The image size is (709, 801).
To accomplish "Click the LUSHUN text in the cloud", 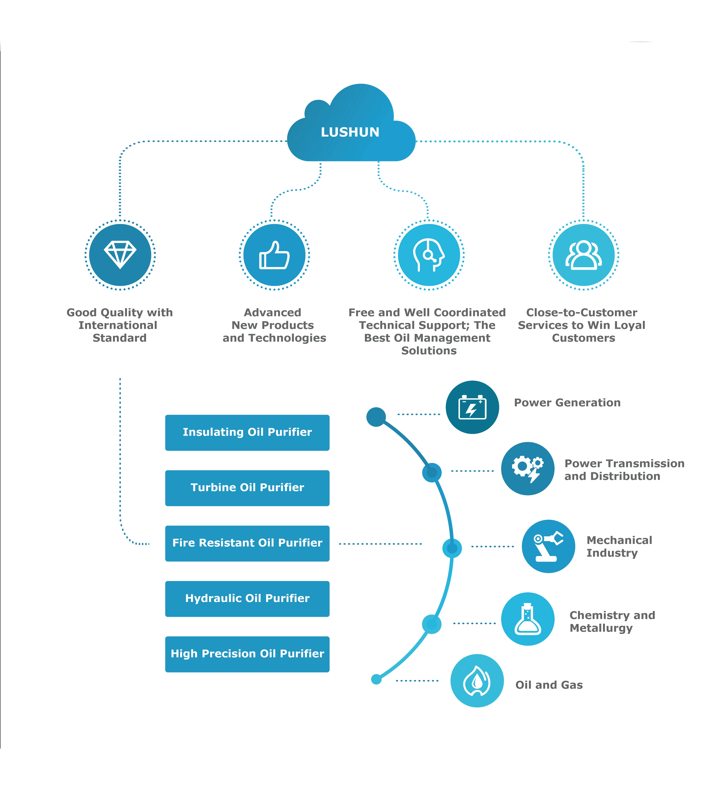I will coord(350,133).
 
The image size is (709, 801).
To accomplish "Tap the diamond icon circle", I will coord(120,255).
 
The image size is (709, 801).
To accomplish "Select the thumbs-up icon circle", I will coord(274,255).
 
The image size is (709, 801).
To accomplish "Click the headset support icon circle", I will coord(429,255).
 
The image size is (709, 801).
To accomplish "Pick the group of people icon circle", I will coord(584,255).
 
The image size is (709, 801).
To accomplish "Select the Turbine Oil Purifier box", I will coord(247,488).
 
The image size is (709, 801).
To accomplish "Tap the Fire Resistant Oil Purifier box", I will coord(247,543).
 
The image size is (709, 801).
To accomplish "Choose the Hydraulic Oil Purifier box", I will coord(247,598).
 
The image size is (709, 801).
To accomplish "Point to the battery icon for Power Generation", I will coord(472,407).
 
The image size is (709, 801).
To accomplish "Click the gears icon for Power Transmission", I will coord(528,469).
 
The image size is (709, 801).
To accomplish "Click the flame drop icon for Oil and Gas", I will coord(477,681).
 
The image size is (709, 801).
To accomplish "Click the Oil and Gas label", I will coord(549,685).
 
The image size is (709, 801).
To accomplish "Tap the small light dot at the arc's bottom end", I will coord(376,679).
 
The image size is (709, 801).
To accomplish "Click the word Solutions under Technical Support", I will coord(429,351).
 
